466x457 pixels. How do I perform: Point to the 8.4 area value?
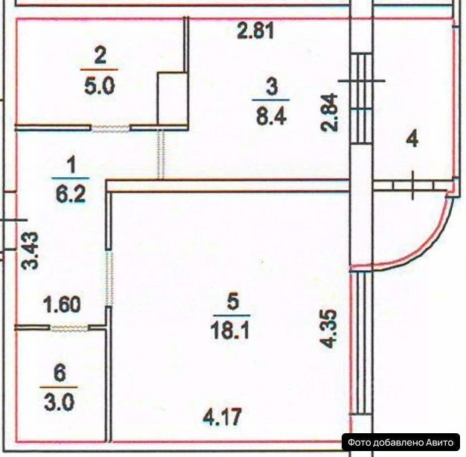tap(271, 115)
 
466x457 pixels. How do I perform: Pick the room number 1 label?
tap(71, 162)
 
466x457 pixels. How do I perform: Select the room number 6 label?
tap(60, 371)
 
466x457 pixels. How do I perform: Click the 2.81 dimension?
tap(256, 31)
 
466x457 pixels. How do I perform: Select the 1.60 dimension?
tap(62, 304)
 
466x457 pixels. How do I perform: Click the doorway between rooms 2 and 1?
tap(109, 128)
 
